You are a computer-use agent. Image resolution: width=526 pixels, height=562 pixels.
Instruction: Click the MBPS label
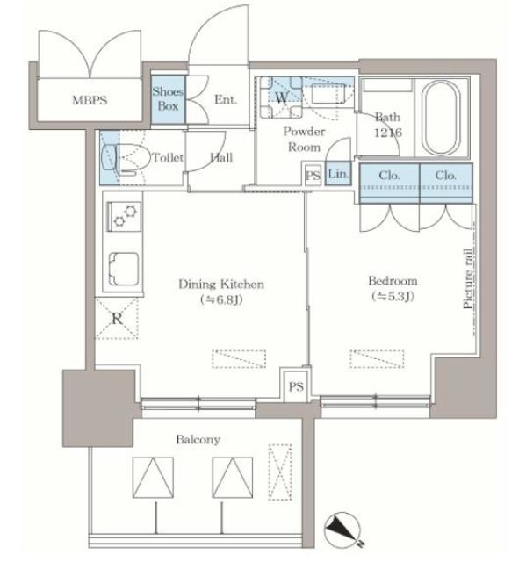click(90, 100)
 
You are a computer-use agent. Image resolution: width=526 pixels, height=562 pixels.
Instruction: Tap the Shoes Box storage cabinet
click(168, 99)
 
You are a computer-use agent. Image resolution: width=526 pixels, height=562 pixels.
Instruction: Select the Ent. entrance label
click(226, 99)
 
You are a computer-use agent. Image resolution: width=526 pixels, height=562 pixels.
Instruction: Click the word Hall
click(221, 157)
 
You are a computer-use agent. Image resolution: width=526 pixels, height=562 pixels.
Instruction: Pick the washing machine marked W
click(281, 97)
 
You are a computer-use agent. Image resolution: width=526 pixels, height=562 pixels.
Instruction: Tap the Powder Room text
click(304, 140)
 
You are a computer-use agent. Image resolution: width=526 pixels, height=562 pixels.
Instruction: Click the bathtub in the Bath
click(441, 118)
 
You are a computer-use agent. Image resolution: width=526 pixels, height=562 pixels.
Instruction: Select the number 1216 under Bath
click(388, 133)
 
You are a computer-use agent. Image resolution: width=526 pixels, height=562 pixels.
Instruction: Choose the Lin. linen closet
click(338, 174)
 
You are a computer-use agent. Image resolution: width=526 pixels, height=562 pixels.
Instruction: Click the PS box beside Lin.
click(313, 176)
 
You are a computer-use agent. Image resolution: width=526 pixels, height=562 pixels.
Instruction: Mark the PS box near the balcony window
click(296, 386)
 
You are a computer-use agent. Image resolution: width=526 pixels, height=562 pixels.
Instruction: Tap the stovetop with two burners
click(124, 217)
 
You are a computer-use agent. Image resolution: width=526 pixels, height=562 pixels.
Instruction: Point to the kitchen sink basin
click(123, 269)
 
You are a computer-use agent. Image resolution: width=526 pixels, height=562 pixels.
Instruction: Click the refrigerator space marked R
click(117, 318)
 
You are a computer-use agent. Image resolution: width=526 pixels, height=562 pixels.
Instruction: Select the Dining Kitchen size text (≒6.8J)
click(222, 299)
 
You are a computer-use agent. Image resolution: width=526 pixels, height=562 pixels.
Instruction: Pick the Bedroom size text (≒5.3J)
click(393, 297)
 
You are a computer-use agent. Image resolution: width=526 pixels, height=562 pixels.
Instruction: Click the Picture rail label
click(468, 278)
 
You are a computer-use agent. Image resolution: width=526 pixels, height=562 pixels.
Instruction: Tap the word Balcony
click(198, 439)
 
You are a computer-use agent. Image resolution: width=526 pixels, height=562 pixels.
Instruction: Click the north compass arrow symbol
click(342, 529)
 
